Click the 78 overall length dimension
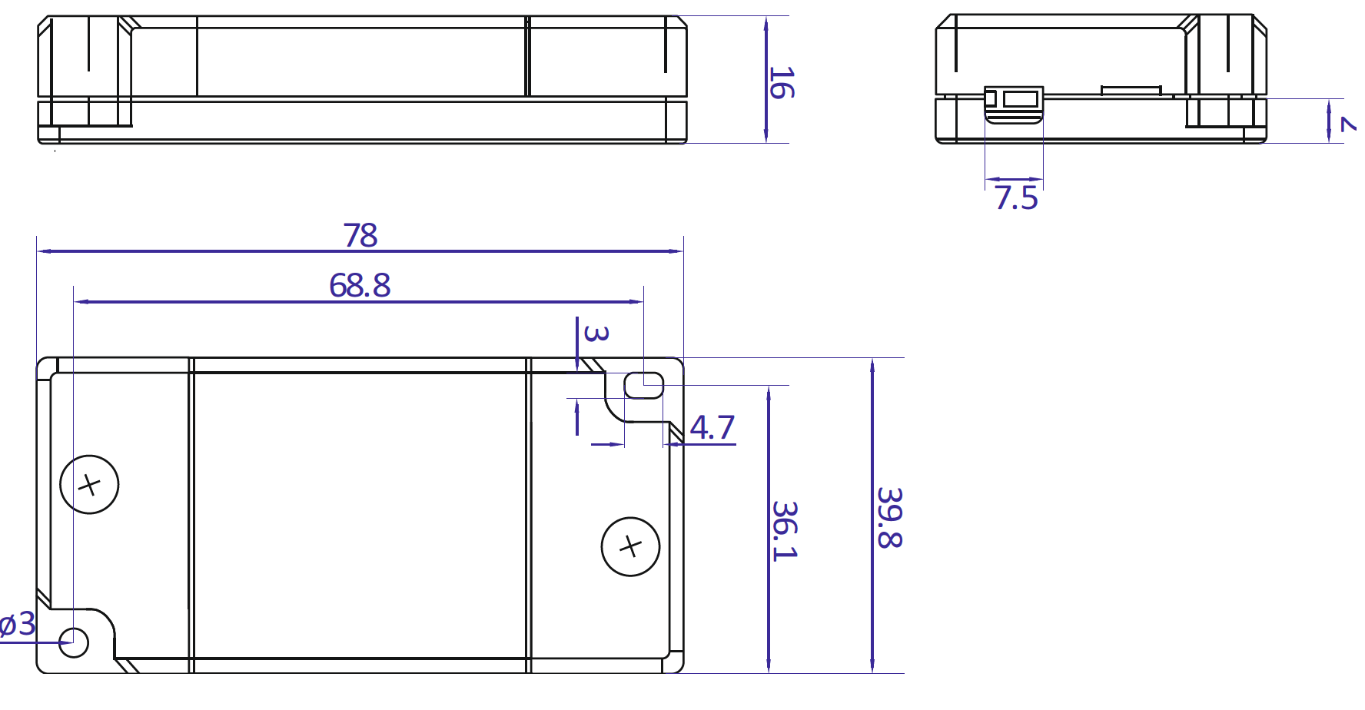pyautogui.click(x=360, y=235)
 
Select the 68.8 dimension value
pyautogui.click(x=360, y=286)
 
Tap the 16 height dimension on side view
pyautogui.click(x=781, y=82)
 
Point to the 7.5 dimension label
pyautogui.click(x=1016, y=198)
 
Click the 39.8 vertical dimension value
pyautogui.click(x=889, y=517)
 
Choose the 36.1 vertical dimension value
pyautogui.click(x=785, y=530)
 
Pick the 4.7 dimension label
pyautogui.click(x=712, y=428)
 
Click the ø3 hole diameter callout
pyautogui.click(x=17, y=624)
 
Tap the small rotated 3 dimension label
pyautogui.click(x=596, y=333)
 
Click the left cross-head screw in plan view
pyautogui.click(x=89, y=485)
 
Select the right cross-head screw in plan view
pyautogui.click(x=630, y=546)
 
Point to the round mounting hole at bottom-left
pyautogui.click(x=75, y=642)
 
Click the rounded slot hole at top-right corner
pyautogui.click(x=644, y=385)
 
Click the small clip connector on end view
pyautogui.click(x=1014, y=103)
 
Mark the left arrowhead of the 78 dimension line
pyautogui.click(x=43, y=251)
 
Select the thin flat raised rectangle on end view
pyautogui.click(x=1131, y=90)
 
